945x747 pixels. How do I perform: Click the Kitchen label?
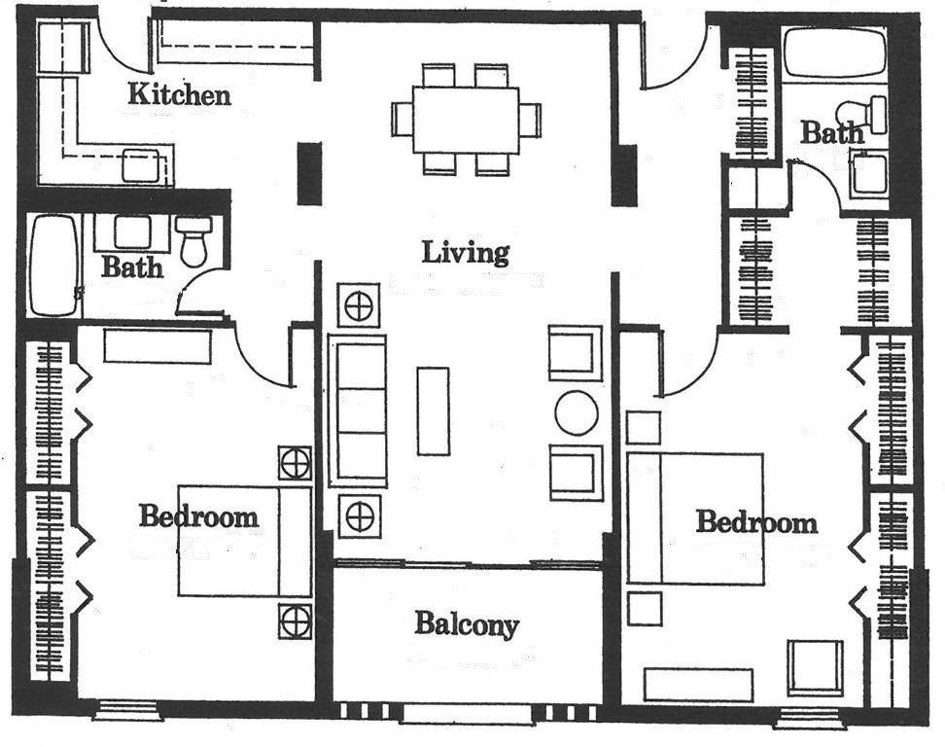[x=180, y=94]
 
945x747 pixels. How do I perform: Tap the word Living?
[x=466, y=253]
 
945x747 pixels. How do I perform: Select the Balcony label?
[x=467, y=624]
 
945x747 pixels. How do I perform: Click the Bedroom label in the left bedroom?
[x=199, y=516]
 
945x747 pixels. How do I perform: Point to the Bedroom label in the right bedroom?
[x=757, y=522]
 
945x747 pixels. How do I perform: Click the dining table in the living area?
[x=466, y=120]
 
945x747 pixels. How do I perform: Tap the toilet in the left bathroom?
[x=193, y=242]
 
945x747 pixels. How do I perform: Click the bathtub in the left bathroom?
[x=54, y=265]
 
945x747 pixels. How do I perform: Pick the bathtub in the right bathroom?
[x=835, y=53]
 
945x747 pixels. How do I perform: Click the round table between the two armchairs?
[x=577, y=413]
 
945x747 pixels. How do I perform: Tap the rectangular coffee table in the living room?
[x=434, y=410]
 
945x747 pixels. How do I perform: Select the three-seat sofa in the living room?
[x=358, y=410]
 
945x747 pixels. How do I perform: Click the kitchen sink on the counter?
[x=143, y=165]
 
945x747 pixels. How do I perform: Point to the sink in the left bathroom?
[x=132, y=232]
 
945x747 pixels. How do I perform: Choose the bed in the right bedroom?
[x=695, y=518]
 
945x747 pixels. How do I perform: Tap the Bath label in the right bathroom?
[x=831, y=132]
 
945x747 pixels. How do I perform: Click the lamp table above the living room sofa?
[x=359, y=306]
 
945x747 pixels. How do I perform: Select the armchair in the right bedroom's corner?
[x=815, y=667]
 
